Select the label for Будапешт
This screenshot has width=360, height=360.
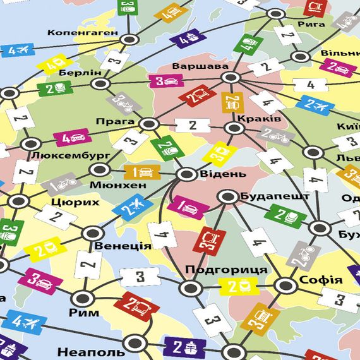(x=275, y=196)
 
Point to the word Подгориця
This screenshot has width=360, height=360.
(x=226, y=270)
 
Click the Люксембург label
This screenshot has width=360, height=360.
(x=71, y=155)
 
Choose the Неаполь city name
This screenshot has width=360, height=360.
(x=91, y=352)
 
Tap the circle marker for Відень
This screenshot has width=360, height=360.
(x=187, y=174)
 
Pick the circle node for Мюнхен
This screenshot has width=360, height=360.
(x=99, y=169)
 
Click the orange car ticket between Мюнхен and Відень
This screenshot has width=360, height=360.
(x=143, y=172)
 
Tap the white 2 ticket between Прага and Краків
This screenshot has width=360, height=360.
(x=192, y=126)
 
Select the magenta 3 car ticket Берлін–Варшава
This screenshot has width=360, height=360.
(x=165, y=81)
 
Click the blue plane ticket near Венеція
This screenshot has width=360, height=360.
(x=133, y=207)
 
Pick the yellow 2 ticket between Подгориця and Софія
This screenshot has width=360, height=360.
(x=239, y=286)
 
